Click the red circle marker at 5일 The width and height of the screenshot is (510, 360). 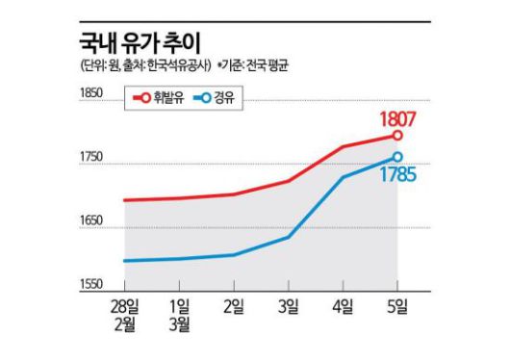[397, 136]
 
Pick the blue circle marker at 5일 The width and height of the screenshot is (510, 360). [397, 157]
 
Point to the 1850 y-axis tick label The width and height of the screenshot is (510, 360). [92, 92]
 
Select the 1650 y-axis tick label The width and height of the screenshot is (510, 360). [92, 221]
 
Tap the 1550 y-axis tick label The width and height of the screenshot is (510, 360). [92, 285]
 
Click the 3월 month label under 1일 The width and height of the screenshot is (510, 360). [179, 324]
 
